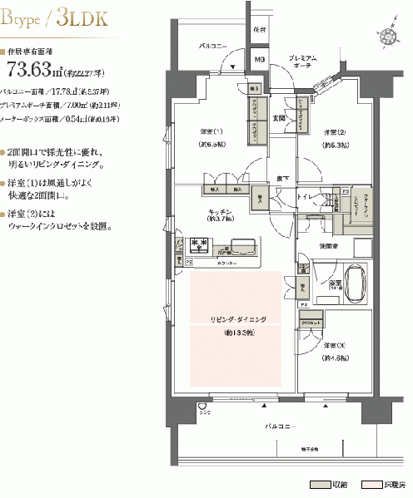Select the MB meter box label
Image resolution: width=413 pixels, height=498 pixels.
pos(259,60)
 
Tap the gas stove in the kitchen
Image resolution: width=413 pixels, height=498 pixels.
pos(200,244)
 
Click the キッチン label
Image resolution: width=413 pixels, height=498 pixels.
pos(221,214)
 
